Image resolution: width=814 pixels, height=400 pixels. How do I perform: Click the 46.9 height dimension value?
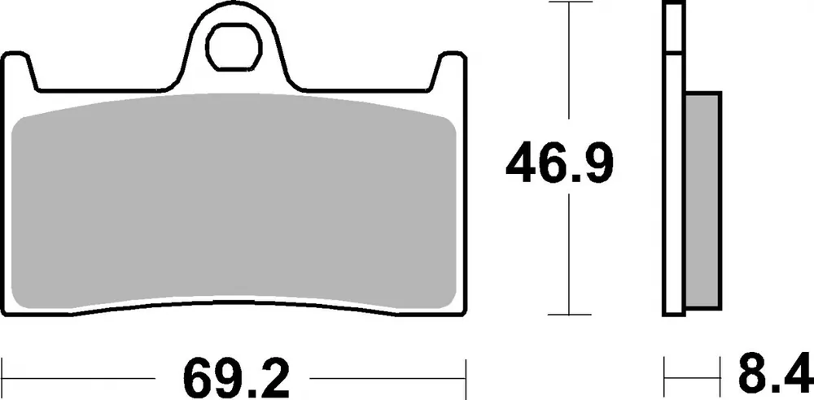(x=559, y=166)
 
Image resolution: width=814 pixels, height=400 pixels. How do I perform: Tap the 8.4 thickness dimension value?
(x=773, y=377)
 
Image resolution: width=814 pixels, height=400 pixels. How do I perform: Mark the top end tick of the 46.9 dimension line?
(x=567, y=3)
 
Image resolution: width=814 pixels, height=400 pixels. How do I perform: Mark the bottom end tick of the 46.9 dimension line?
(x=567, y=315)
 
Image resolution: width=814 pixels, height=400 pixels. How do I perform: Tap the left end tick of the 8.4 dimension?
(x=667, y=377)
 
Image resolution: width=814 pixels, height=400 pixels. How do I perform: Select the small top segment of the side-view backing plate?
(x=672, y=28)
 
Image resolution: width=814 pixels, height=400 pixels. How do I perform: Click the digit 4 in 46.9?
(x=523, y=166)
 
